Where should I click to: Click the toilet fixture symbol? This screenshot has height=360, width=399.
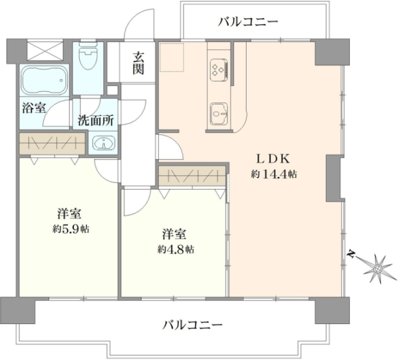click(x=88, y=57)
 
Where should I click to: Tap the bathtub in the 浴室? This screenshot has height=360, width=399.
click(x=45, y=79)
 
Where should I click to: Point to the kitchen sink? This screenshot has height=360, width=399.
click(x=219, y=114)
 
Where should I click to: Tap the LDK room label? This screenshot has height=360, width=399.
click(x=273, y=160)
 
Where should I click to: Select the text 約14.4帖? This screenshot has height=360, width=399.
click(x=274, y=174)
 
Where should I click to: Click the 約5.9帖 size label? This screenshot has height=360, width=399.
click(x=70, y=229)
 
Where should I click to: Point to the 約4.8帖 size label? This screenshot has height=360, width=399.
click(x=176, y=250)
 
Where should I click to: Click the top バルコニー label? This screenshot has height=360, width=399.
click(x=248, y=22)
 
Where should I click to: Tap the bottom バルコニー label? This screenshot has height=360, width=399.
click(x=192, y=325)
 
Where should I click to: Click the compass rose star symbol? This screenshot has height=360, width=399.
click(x=377, y=268)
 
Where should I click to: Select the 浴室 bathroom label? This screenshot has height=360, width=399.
click(x=34, y=108)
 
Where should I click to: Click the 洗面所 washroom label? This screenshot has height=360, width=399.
click(x=96, y=120)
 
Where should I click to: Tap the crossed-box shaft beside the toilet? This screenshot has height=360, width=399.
click(x=45, y=50)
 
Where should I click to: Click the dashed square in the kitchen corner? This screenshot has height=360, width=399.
click(x=172, y=57)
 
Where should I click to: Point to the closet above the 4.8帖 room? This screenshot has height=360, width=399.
click(x=192, y=176)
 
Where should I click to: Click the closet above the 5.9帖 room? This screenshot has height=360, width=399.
click(x=52, y=143)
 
